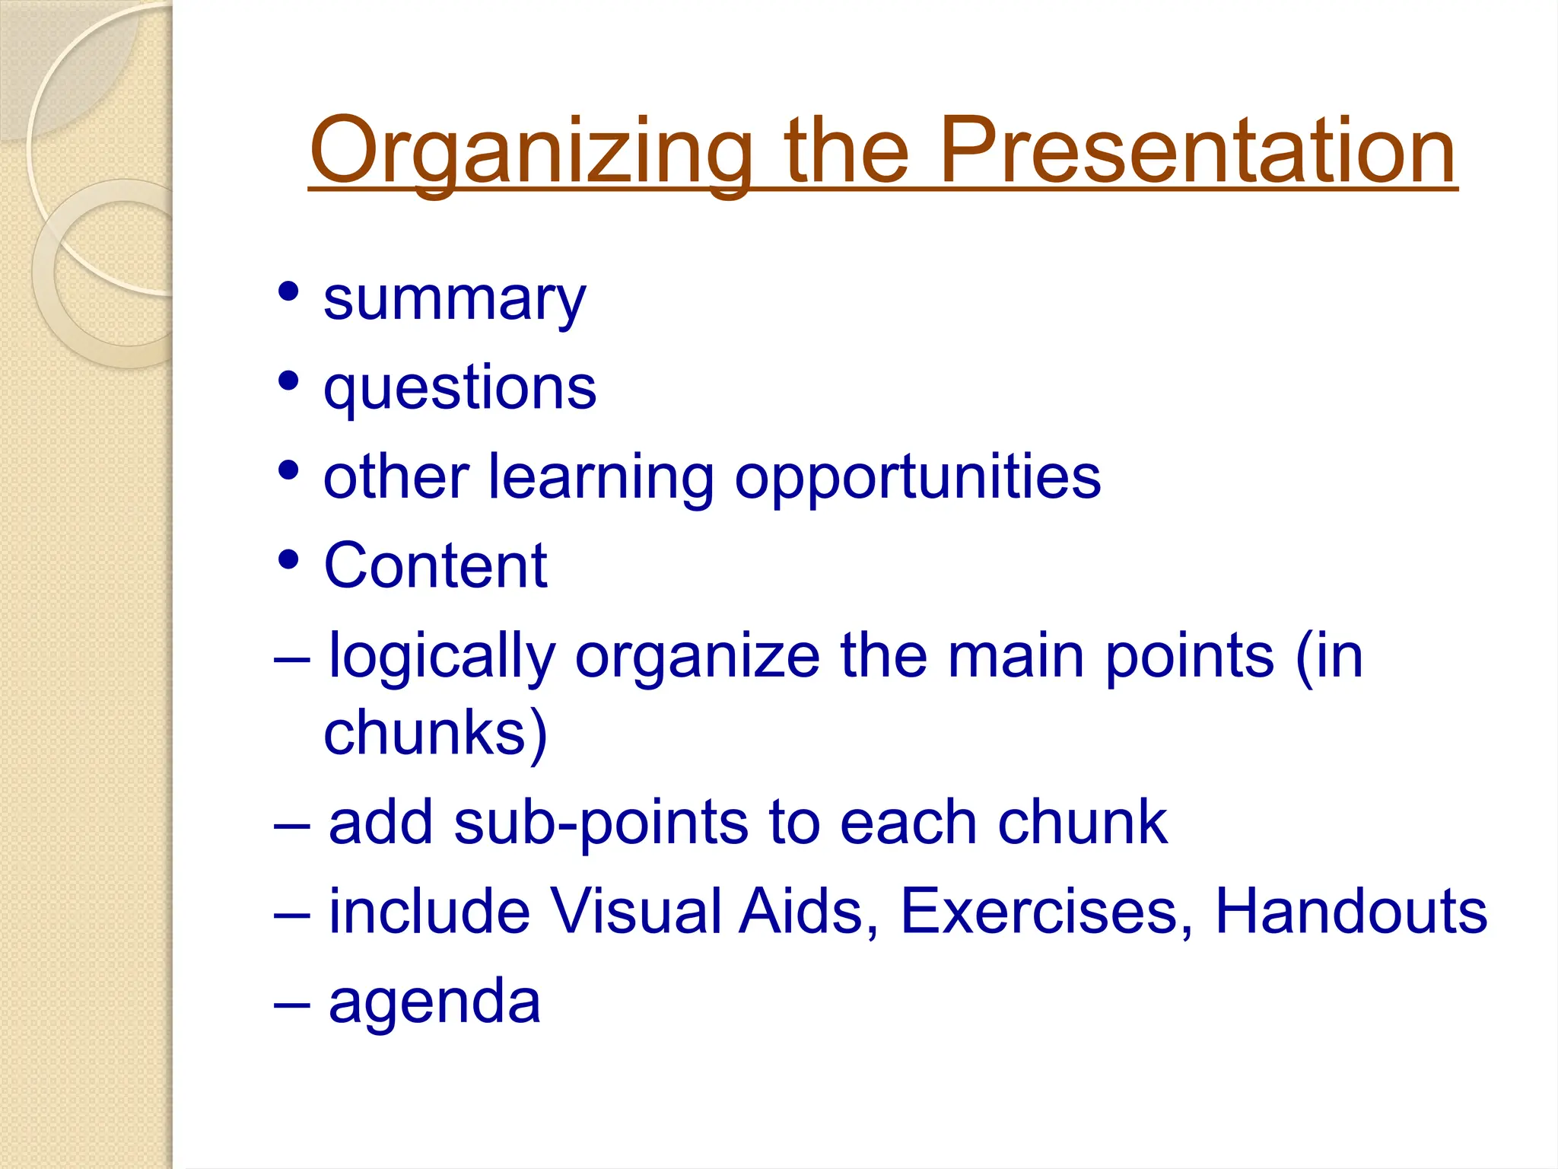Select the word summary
coord(454,300)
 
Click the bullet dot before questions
coord(288,380)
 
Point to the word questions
coord(459,389)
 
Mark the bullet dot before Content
coord(288,559)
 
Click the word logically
coord(442,658)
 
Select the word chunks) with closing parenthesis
coord(435,734)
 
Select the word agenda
coord(434,1003)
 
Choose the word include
coord(429,912)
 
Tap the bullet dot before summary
coord(288,291)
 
